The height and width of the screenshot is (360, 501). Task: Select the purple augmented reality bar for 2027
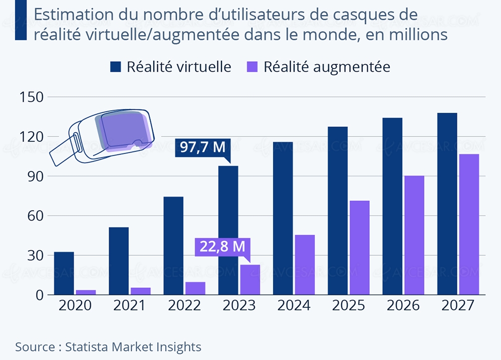click(x=469, y=225)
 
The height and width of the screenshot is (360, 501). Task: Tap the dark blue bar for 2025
click(x=338, y=211)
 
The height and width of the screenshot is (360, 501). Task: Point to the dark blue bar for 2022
click(x=173, y=246)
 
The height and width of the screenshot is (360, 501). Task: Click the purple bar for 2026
click(x=414, y=235)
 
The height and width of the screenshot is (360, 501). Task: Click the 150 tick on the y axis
click(x=31, y=97)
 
